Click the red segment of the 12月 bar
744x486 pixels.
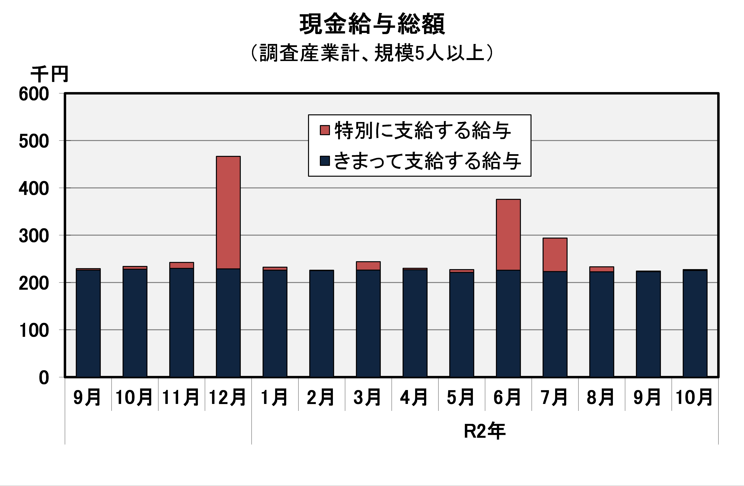[228, 212]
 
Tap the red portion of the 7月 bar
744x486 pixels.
[555, 255]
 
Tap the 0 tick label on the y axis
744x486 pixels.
[44, 378]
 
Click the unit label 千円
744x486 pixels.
[49, 74]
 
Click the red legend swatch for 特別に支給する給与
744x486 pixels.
[325, 130]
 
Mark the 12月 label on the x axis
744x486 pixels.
[227, 397]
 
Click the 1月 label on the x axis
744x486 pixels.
[274, 397]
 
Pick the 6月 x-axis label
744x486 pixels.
[507, 397]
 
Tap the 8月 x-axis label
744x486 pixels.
[600, 397]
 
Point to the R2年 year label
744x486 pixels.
[485, 431]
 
